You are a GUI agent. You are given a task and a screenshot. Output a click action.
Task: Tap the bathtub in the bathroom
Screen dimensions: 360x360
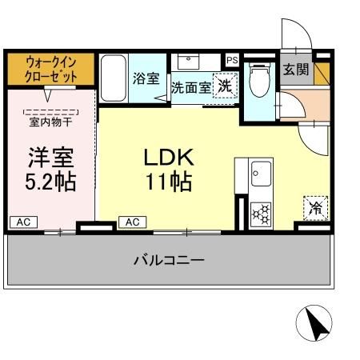(x=114, y=78)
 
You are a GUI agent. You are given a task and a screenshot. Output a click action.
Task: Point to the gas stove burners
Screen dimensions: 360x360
(x=261, y=213)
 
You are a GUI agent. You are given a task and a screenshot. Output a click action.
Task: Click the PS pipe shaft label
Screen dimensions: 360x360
(x=232, y=60)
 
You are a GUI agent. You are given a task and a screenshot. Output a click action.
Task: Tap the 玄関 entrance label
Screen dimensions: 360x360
(x=295, y=69)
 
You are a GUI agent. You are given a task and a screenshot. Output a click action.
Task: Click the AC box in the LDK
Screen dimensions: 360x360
(x=131, y=221)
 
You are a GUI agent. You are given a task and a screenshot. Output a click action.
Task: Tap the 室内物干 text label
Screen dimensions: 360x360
(x=50, y=122)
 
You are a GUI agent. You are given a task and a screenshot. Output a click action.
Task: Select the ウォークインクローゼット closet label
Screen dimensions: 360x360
(x=51, y=69)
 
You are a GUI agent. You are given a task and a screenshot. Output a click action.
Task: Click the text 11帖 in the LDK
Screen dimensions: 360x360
(x=168, y=182)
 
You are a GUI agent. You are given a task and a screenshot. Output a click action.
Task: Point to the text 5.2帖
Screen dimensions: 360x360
(x=50, y=182)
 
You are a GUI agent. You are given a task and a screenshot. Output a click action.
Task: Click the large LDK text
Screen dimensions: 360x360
(x=168, y=156)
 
